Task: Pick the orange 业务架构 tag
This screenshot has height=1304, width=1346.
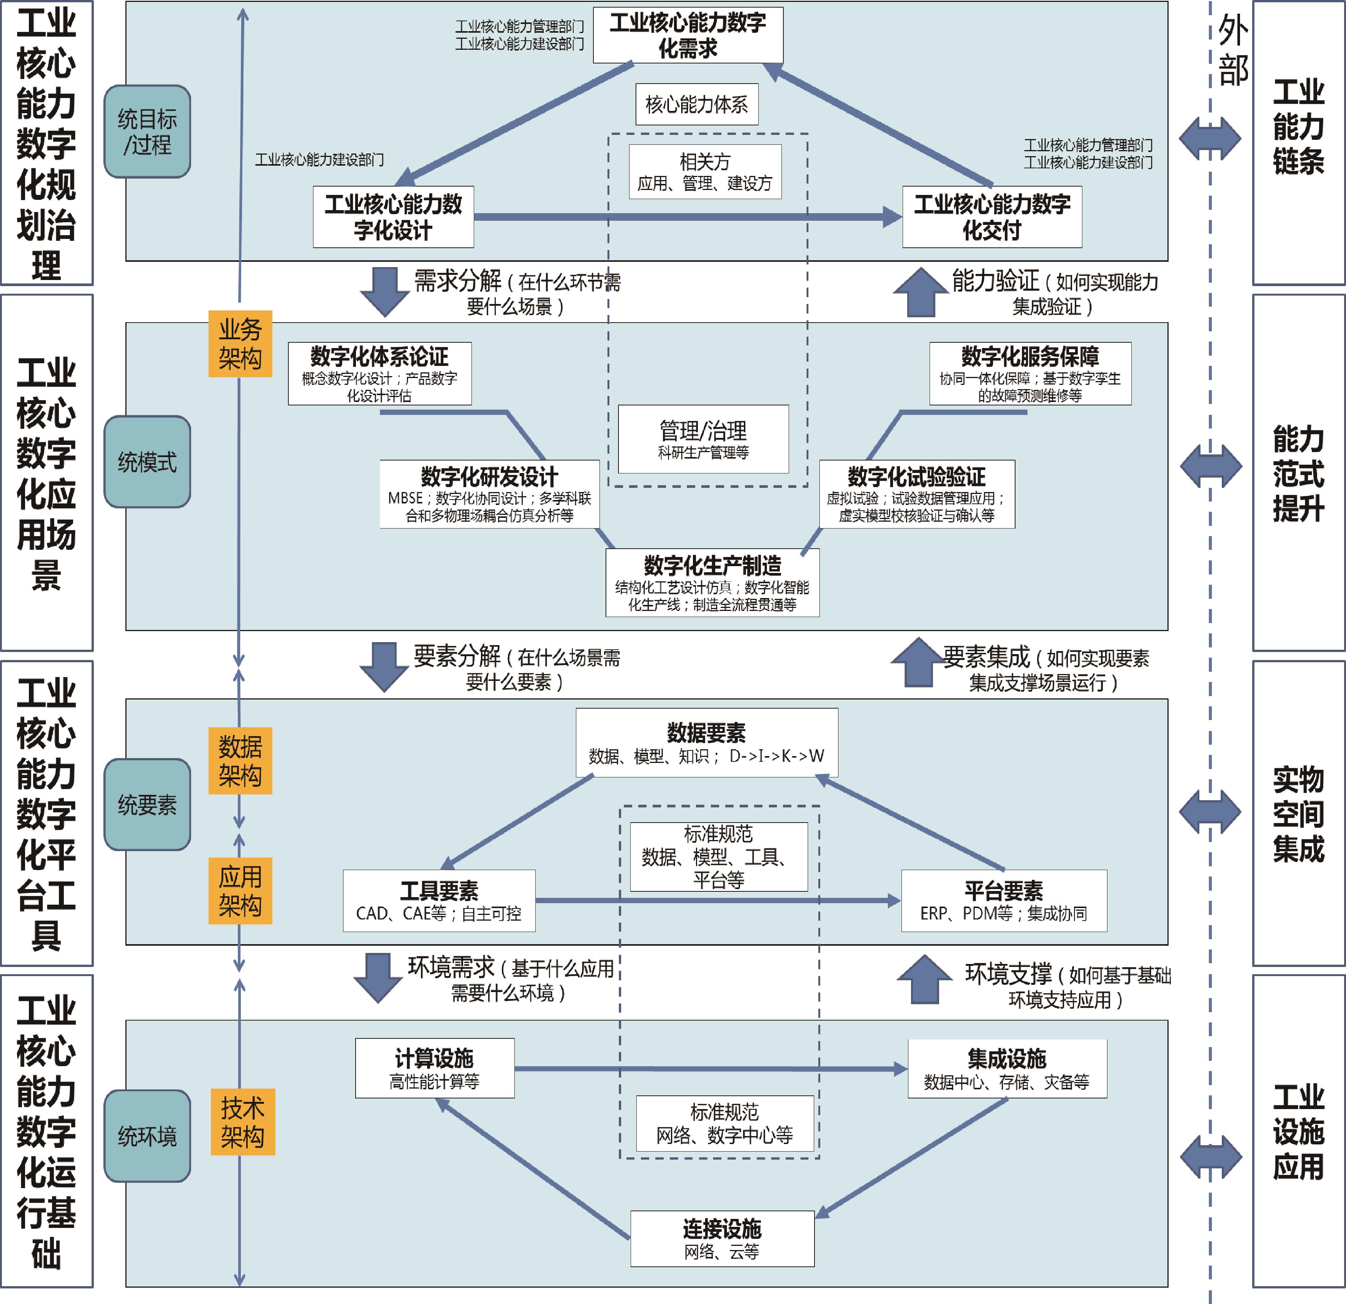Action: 240,344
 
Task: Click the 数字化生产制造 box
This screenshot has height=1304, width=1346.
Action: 712,582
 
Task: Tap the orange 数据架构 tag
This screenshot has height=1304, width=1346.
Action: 240,760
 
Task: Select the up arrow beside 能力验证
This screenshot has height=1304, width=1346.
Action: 920,292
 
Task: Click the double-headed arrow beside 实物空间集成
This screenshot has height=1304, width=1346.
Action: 1210,812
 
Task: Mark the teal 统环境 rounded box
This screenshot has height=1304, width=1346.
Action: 147,1136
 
